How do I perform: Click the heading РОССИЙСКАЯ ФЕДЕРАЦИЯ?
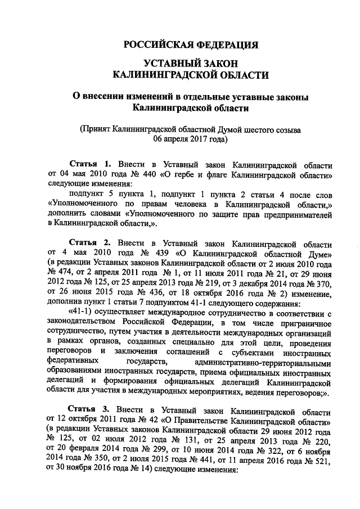191,45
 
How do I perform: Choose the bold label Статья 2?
87,243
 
